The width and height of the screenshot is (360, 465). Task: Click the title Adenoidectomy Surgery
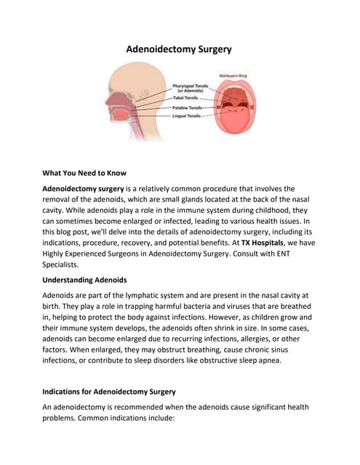(180, 50)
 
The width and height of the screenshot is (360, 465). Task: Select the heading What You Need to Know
(84, 173)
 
